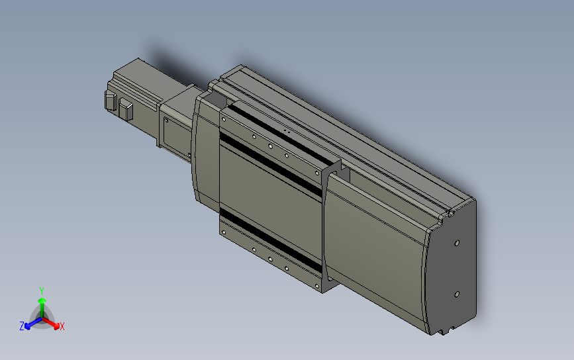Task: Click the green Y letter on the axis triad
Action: click(x=42, y=291)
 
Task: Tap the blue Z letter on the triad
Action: click(x=22, y=326)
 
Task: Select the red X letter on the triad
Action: click(x=62, y=326)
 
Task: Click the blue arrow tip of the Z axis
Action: click(x=28, y=325)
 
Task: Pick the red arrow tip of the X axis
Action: click(x=56, y=325)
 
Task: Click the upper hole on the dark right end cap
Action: click(x=456, y=243)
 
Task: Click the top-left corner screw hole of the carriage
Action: click(x=224, y=120)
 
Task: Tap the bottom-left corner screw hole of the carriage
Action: click(x=224, y=232)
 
